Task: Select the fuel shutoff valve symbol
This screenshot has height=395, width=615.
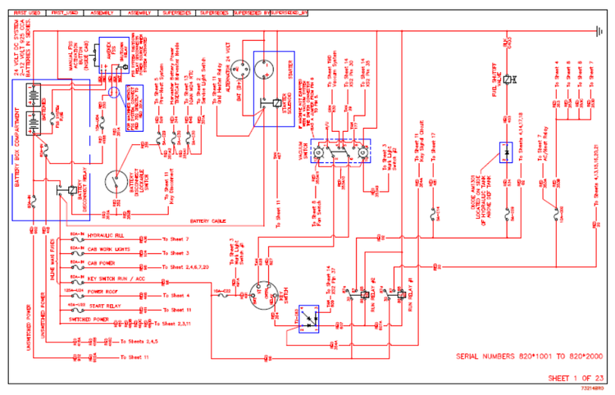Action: pyautogui.click(x=508, y=79)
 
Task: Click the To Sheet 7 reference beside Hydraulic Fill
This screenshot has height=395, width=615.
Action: pyautogui.click(x=177, y=238)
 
